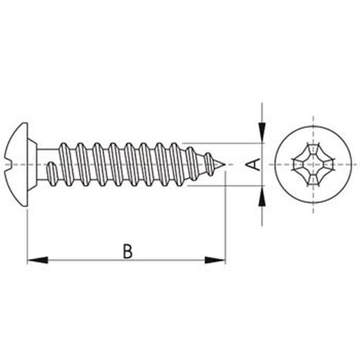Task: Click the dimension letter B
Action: point(127,251)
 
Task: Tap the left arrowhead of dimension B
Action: point(37,260)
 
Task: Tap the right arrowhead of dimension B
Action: point(215,260)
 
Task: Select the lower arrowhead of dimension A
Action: point(262,196)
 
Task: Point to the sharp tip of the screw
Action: point(225,164)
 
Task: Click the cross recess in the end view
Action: point(314,165)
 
